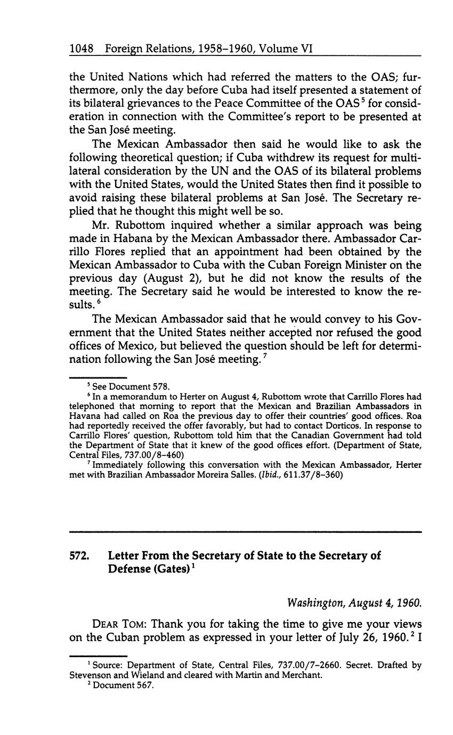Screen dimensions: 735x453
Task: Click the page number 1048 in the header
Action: point(82,49)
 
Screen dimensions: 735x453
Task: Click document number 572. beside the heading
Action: point(79,555)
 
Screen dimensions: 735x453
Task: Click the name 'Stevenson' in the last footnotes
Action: point(88,675)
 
